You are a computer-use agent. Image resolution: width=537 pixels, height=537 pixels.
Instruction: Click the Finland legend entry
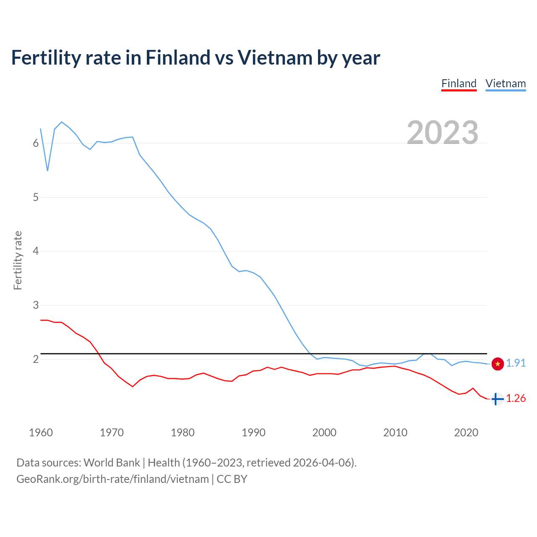pos(459,83)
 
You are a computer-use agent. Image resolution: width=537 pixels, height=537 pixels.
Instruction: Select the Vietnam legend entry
pos(506,83)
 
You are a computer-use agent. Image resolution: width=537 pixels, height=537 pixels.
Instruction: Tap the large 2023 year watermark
pos(443,133)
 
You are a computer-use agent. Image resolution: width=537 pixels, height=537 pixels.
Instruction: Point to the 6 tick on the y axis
pos(36,143)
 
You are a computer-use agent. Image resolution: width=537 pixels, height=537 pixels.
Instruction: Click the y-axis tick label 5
pos(36,197)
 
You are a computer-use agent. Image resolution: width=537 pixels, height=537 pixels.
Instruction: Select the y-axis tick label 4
pos(36,251)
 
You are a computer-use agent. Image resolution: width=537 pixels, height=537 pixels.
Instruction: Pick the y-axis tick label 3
pos(36,305)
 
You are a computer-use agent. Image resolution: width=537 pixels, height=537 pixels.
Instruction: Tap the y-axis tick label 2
pos(36,360)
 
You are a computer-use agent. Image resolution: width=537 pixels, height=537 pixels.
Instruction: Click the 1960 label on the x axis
pos(41,433)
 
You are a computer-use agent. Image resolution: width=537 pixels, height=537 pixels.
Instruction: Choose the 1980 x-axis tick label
pos(182,433)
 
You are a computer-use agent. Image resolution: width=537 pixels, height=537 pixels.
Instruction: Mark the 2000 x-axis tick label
pos(324,433)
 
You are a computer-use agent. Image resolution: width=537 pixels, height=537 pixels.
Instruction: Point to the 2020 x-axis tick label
pos(466,433)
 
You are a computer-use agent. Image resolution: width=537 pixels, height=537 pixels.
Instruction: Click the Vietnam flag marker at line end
pos(498,364)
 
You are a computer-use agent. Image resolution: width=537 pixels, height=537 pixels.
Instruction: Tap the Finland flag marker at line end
pos(497,399)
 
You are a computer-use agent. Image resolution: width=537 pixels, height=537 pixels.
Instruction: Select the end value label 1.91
pos(516,363)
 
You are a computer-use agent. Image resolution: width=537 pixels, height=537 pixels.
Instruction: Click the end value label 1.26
pos(516,399)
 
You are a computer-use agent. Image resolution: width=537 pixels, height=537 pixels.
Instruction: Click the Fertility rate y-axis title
pos(18,260)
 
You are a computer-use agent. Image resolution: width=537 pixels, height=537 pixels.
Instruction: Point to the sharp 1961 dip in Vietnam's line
pos(48,170)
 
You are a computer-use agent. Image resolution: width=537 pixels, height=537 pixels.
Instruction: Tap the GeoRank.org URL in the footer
pos(112,479)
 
